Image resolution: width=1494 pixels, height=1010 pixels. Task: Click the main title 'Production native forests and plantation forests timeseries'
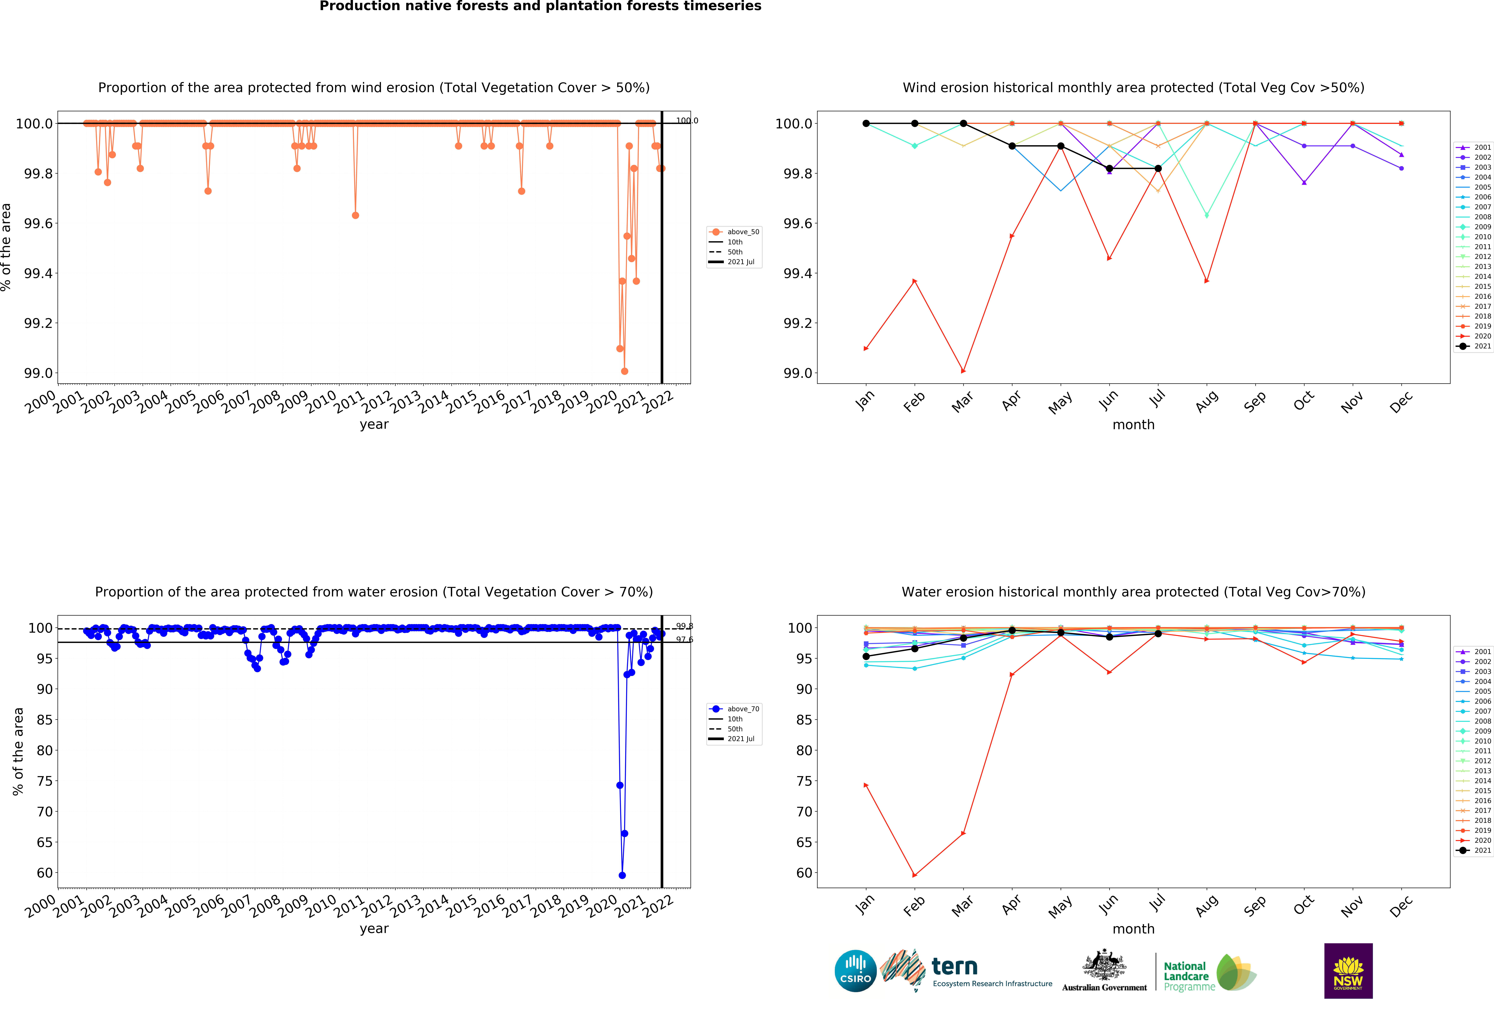[540, 6]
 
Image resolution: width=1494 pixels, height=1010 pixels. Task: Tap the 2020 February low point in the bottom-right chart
[914, 875]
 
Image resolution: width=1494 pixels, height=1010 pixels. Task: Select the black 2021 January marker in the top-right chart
[866, 123]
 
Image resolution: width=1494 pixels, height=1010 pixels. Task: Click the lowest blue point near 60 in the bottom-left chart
[622, 875]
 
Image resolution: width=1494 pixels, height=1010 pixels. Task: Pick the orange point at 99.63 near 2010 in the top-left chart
[355, 215]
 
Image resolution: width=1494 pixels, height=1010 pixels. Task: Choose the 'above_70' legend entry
[742, 709]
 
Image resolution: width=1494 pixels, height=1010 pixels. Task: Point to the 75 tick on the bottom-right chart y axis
[804, 781]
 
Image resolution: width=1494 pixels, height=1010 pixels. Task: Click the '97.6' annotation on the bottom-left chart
[684, 640]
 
